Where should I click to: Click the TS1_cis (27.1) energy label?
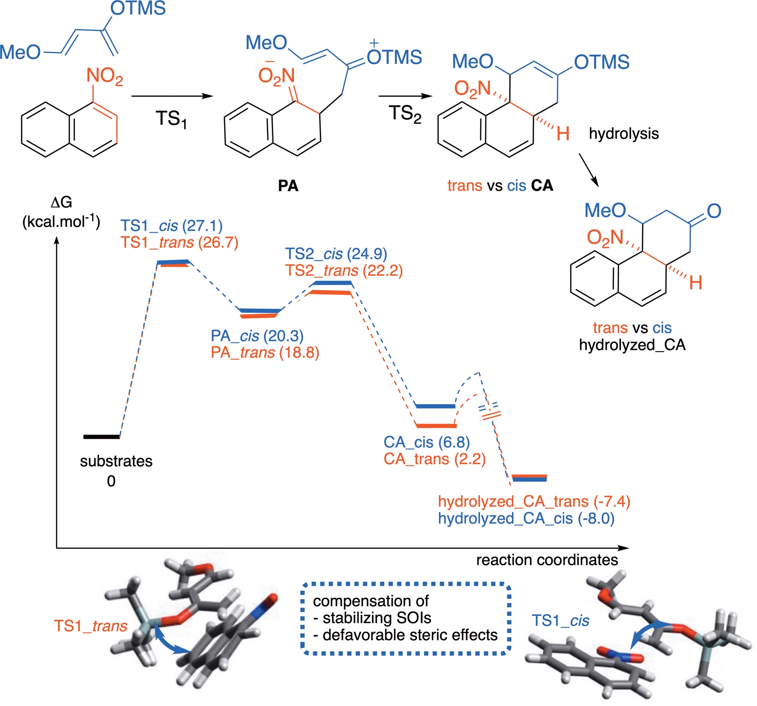coord(172,226)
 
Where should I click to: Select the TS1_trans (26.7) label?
coord(179,242)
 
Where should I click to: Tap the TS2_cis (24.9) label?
coord(336,254)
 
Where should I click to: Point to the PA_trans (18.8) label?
coord(265,352)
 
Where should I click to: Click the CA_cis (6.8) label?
coord(427,442)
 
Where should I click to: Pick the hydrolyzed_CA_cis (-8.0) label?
coord(526,518)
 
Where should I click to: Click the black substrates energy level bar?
coord(101,437)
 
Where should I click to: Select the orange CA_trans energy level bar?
coord(436,425)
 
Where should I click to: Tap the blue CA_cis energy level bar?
coord(435,406)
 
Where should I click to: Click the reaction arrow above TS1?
coord(172,96)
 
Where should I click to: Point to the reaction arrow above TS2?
coord(405,96)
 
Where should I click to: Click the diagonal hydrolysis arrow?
coord(589,170)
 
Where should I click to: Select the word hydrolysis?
coord(624,134)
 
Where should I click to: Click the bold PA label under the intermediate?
coord(288,186)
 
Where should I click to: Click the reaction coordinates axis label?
coord(547,560)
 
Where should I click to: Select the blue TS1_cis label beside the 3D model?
coord(560,621)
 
